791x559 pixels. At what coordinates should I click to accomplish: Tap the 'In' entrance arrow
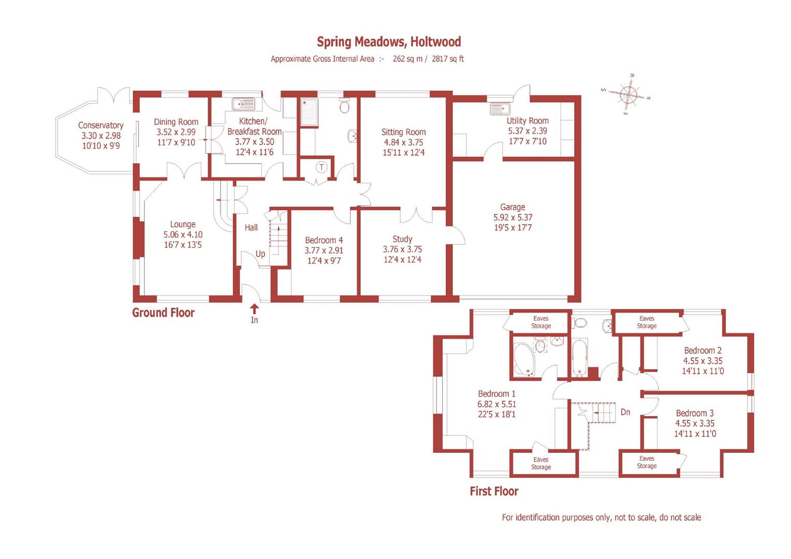click(x=254, y=310)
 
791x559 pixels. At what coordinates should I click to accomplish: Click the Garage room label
click(x=512, y=207)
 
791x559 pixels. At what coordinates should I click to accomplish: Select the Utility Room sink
click(x=500, y=109)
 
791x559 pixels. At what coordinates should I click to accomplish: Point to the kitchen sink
click(x=243, y=104)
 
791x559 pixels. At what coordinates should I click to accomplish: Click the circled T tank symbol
click(x=322, y=167)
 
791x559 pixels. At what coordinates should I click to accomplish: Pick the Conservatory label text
click(x=100, y=125)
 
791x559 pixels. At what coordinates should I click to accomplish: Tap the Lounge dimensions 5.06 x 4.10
click(x=183, y=234)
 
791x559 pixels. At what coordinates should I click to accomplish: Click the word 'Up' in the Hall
click(x=260, y=254)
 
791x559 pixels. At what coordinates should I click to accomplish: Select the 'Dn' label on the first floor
click(x=625, y=412)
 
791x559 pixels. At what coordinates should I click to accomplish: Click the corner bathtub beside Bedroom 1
click(x=525, y=359)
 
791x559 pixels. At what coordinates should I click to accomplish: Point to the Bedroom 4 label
click(x=324, y=240)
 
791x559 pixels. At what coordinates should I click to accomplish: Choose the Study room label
click(x=402, y=239)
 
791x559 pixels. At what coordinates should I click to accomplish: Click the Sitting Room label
click(x=403, y=132)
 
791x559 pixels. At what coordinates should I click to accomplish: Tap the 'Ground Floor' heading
click(x=163, y=313)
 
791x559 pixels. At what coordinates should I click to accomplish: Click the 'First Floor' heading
click(x=494, y=491)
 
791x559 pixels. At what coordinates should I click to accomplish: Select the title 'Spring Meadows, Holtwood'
click(x=389, y=41)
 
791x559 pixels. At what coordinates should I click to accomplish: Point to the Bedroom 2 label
click(x=702, y=350)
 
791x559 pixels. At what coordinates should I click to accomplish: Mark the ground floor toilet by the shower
click(x=344, y=106)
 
